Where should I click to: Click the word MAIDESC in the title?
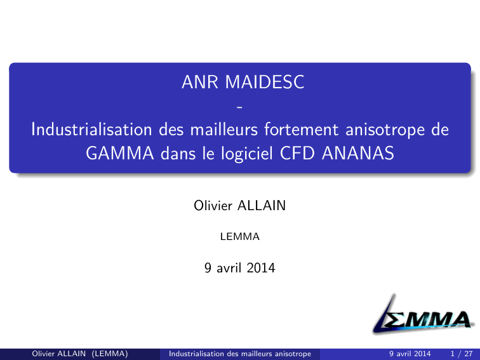click(x=265, y=82)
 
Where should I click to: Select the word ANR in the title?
click(x=200, y=82)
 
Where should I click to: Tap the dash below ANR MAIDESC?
click(x=240, y=107)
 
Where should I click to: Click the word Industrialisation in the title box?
click(x=91, y=129)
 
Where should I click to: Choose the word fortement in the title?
click(x=302, y=129)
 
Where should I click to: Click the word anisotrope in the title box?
click(x=385, y=130)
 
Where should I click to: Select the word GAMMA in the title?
click(x=120, y=153)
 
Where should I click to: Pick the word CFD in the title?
click(x=297, y=153)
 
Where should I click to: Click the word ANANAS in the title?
click(x=358, y=153)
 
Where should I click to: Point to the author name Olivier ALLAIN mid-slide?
click(x=240, y=206)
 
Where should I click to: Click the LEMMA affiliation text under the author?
click(x=240, y=237)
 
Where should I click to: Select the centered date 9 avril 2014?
click(x=240, y=268)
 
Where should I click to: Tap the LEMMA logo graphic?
click(x=423, y=314)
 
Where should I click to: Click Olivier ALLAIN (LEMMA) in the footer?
click(x=80, y=354)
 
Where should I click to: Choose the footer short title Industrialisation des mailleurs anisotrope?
click(x=240, y=354)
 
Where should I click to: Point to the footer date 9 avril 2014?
click(x=410, y=354)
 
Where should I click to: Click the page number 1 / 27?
click(x=462, y=354)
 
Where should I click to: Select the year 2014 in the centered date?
click(x=261, y=268)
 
